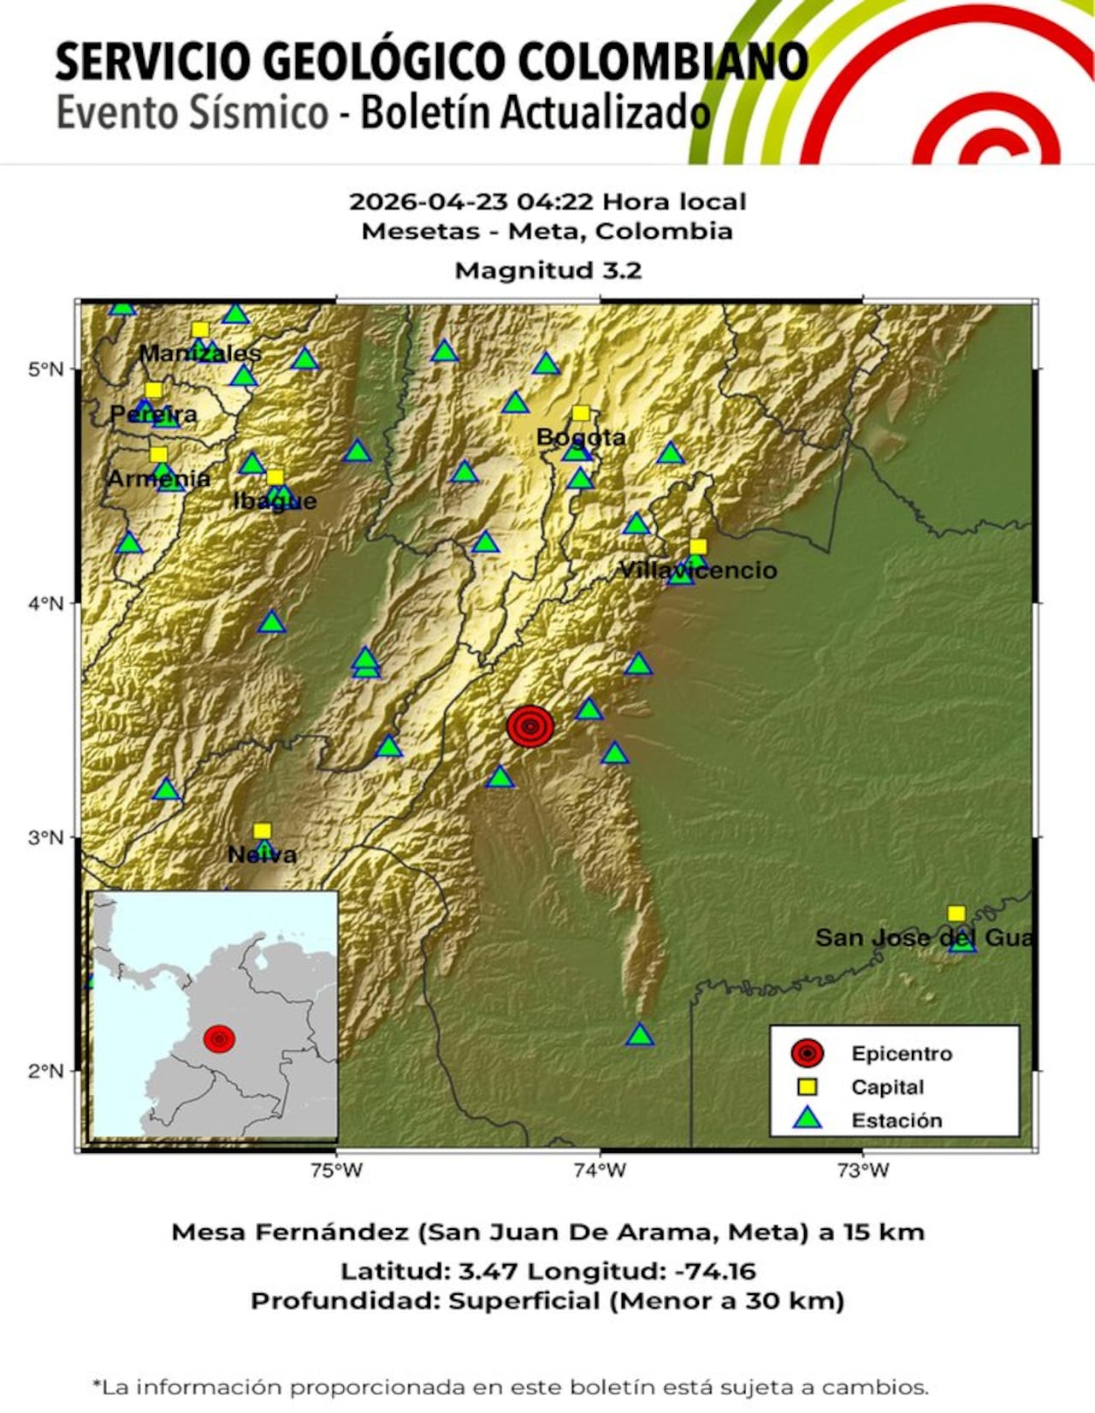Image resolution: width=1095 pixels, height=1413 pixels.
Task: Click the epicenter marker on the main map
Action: tap(530, 726)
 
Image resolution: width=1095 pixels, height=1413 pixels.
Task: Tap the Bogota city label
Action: tap(581, 438)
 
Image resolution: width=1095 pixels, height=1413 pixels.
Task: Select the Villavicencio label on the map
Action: tap(698, 571)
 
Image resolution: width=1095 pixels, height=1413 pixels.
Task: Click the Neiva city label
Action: tap(262, 854)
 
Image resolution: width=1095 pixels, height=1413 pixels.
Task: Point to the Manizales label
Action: tap(200, 352)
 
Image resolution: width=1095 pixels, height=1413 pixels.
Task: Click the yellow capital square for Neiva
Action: tap(263, 831)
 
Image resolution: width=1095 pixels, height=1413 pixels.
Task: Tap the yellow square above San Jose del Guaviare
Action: tap(956, 913)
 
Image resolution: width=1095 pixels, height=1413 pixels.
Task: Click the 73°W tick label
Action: tap(863, 1170)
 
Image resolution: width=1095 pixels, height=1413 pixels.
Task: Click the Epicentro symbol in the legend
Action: tap(807, 1053)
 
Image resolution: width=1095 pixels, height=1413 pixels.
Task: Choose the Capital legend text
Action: tap(887, 1087)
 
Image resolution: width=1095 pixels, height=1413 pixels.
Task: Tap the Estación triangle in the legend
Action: tap(807, 1119)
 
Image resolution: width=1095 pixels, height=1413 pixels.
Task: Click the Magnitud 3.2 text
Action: tap(547, 270)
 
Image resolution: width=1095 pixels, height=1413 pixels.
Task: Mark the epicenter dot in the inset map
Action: tap(220, 1038)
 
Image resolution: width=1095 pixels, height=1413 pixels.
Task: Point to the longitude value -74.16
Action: tap(716, 1271)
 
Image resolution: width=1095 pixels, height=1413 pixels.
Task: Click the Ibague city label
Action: tap(275, 501)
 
